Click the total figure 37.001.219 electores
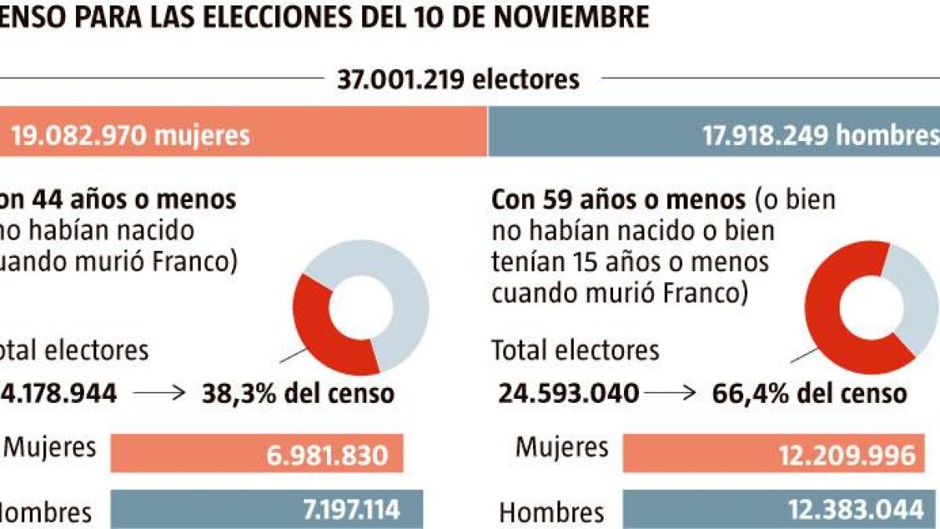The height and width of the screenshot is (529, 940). coord(459,79)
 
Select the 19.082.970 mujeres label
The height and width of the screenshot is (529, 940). coord(130,136)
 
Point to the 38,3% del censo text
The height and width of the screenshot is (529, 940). coord(298,393)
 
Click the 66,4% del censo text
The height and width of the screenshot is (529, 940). coord(809,393)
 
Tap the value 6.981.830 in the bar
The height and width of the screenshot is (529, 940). coord(328,455)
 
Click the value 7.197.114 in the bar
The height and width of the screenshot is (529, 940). coord(351,510)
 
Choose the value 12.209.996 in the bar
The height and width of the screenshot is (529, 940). coord(847,455)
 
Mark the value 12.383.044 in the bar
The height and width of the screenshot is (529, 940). coord(856,510)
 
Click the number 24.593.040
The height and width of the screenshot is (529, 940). coord(568,393)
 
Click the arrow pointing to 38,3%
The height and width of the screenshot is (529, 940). coord(160,393)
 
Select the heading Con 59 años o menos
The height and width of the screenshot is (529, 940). coord(618,200)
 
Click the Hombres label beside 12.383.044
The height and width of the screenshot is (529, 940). coord(552,513)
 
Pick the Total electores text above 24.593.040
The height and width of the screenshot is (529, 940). coord(575,350)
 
